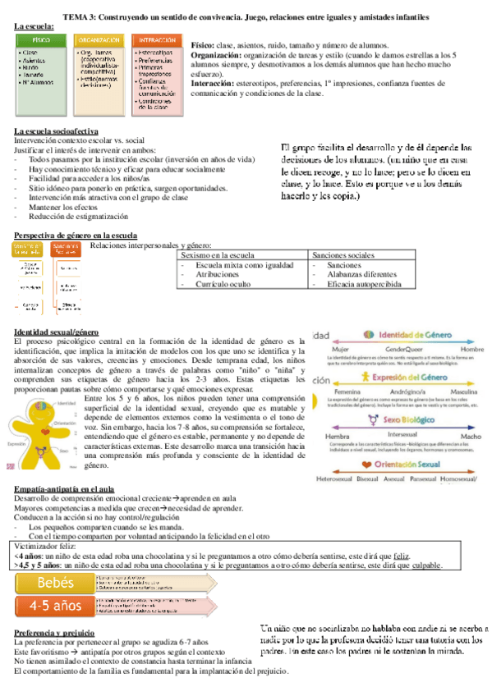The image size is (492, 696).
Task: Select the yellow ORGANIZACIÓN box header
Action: click(x=99, y=40)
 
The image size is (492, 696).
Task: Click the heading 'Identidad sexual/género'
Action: click(x=57, y=331)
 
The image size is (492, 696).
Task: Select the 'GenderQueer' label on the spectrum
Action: click(x=402, y=348)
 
